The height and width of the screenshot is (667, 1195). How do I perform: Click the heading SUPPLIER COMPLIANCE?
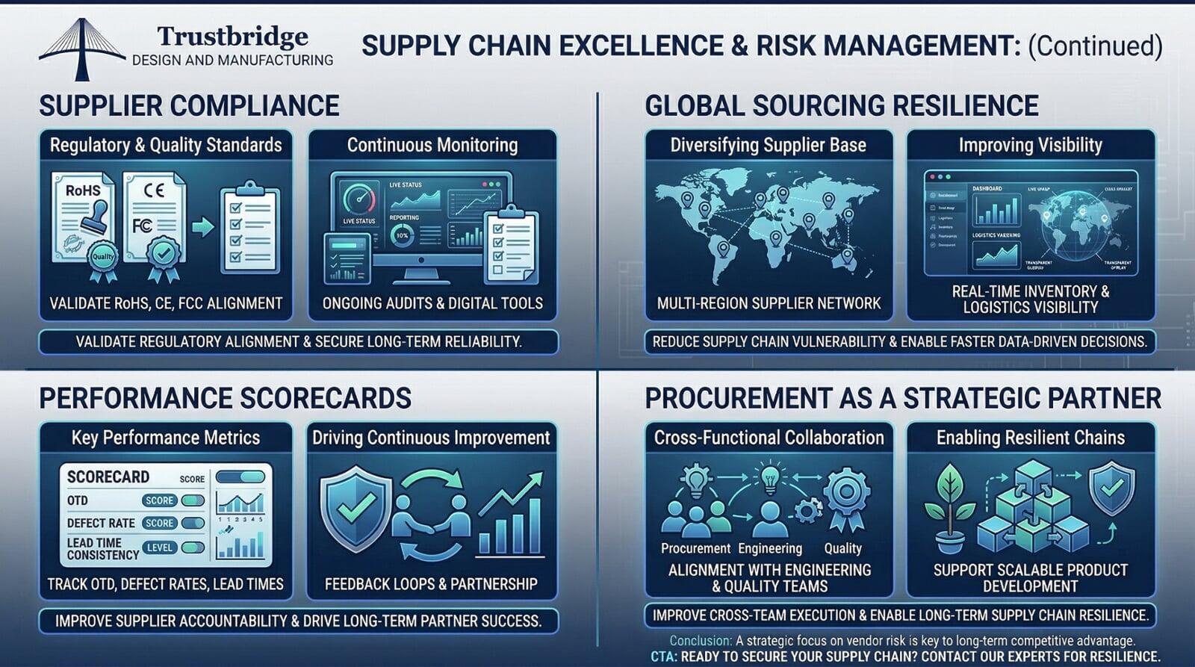click(x=189, y=106)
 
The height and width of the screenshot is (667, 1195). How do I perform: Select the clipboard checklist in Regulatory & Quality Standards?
click(x=249, y=230)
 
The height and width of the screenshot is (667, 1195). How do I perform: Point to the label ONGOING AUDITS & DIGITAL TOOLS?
click(x=432, y=303)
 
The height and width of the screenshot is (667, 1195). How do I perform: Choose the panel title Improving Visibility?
click(x=1030, y=145)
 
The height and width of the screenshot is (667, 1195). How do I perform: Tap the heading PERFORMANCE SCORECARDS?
click(x=225, y=398)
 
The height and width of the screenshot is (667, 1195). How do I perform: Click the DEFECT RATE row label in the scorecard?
click(x=101, y=523)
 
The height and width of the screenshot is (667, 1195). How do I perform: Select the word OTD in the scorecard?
click(x=78, y=500)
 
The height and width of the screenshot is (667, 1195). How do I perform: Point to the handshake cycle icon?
click(x=432, y=515)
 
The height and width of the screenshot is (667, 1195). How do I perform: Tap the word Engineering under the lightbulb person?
click(x=770, y=548)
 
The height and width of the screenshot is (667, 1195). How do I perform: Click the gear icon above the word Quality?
click(x=846, y=495)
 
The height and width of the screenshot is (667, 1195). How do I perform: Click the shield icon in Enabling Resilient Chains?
click(x=1112, y=487)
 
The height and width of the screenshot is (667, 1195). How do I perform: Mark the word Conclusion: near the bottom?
click(x=701, y=641)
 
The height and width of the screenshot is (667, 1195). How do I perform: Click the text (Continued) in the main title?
click(x=1095, y=46)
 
